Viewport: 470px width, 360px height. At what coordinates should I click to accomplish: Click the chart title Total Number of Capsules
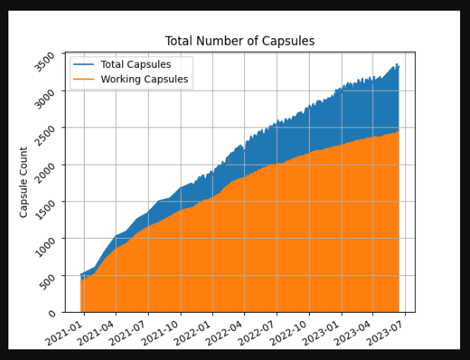tap(240, 40)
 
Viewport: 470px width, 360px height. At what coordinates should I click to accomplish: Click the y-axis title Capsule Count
tap(24, 182)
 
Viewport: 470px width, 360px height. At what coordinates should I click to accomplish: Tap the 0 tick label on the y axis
tap(52, 312)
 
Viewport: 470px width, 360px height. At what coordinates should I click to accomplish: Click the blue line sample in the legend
tap(82, 65)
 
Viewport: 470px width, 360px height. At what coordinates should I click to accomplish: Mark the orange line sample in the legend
tap(82, 79)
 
